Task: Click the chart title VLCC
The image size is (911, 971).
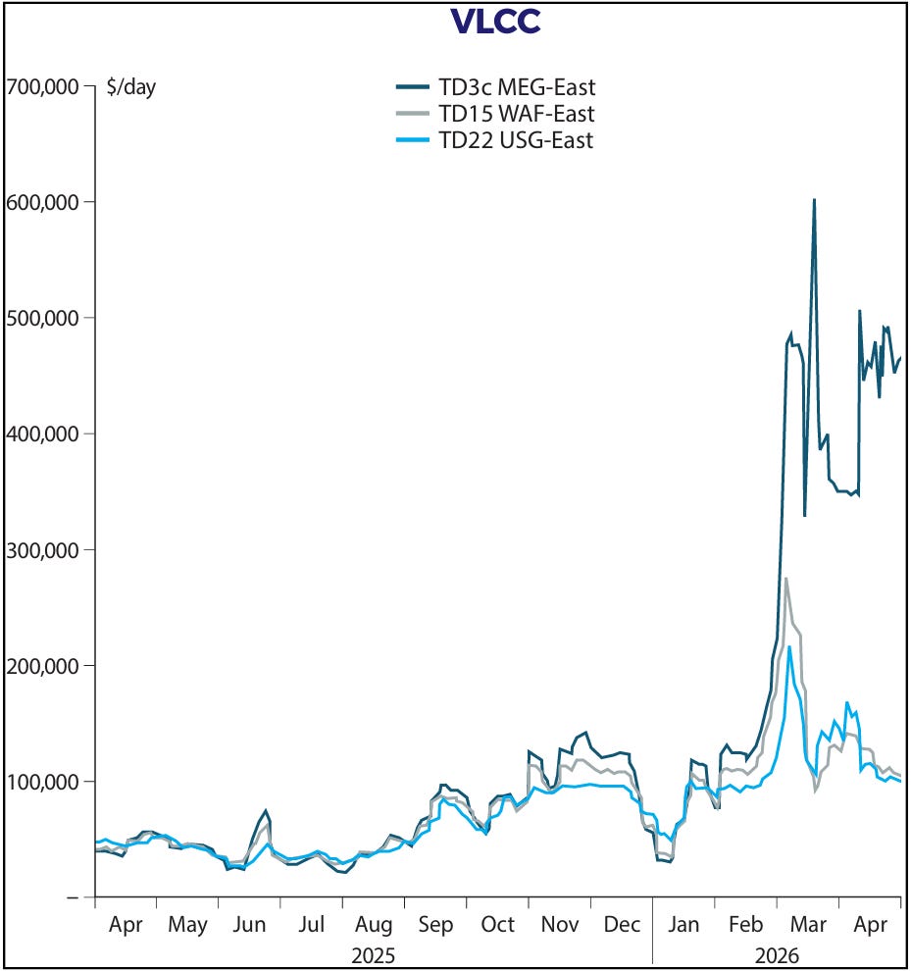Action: [495, 22]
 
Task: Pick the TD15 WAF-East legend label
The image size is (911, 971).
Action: [517, 114]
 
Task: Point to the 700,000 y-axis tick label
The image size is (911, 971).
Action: [43, 86]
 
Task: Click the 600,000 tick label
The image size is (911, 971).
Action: [43, 202]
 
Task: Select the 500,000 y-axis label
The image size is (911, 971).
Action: [43, 319]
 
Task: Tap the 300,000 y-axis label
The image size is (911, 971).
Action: [43, 550]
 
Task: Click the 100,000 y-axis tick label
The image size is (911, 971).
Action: [43, 782]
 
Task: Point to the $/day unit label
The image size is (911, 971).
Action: [131, 87]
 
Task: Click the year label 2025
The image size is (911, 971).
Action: [374, 954]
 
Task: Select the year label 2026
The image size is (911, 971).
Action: [777, 954]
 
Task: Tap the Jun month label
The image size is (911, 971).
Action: [249, 925]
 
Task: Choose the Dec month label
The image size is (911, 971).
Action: [621, 925]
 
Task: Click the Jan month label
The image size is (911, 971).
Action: [683, 925]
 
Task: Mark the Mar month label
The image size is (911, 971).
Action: [808, 925]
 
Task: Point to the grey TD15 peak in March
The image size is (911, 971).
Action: [785, 579]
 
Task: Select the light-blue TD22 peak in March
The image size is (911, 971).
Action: [789, 646]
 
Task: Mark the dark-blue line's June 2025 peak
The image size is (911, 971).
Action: [266, 810]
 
